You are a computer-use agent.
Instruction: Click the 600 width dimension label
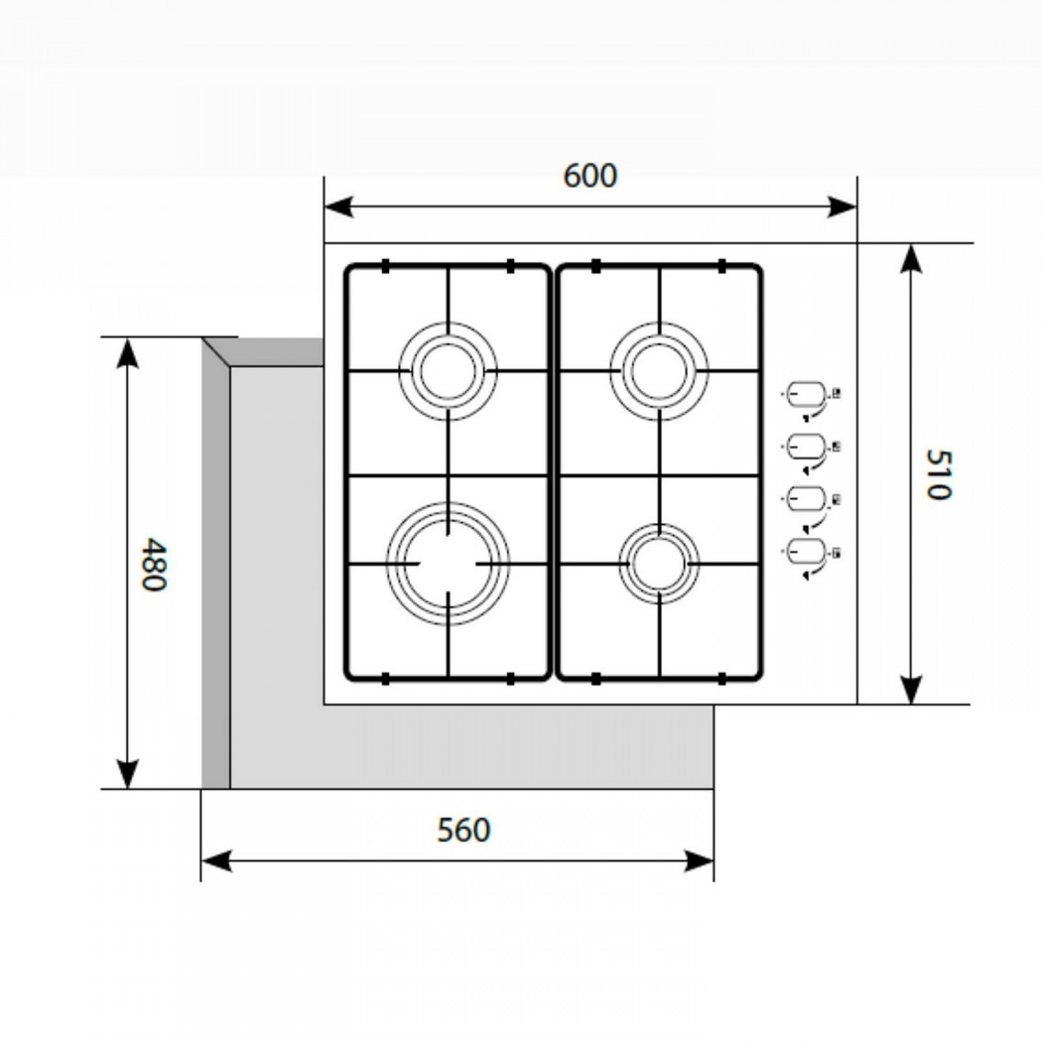(590, 176)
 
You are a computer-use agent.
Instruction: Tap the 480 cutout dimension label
(155, 565)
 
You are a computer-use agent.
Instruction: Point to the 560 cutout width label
(463, 830)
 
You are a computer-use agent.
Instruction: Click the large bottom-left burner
(448, 564)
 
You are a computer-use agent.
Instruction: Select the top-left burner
(448, 371)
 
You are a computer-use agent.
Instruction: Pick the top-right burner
(659, 371)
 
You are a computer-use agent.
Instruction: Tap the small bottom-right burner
(659, 564)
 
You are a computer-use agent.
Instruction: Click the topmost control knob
(807, 395)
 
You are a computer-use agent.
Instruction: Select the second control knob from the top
(807, 447)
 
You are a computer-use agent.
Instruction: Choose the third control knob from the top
(807, 499)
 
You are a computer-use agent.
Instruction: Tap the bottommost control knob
(807, 552)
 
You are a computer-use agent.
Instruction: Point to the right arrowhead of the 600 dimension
(842, 206)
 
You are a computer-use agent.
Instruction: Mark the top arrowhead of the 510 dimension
(911, 259)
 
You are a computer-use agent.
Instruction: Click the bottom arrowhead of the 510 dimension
(911, 689)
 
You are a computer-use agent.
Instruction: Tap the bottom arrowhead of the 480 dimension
(126, 774)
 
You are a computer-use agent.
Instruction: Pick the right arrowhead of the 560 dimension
(699, 860)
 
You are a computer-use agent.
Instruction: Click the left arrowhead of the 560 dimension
(216, 860)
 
